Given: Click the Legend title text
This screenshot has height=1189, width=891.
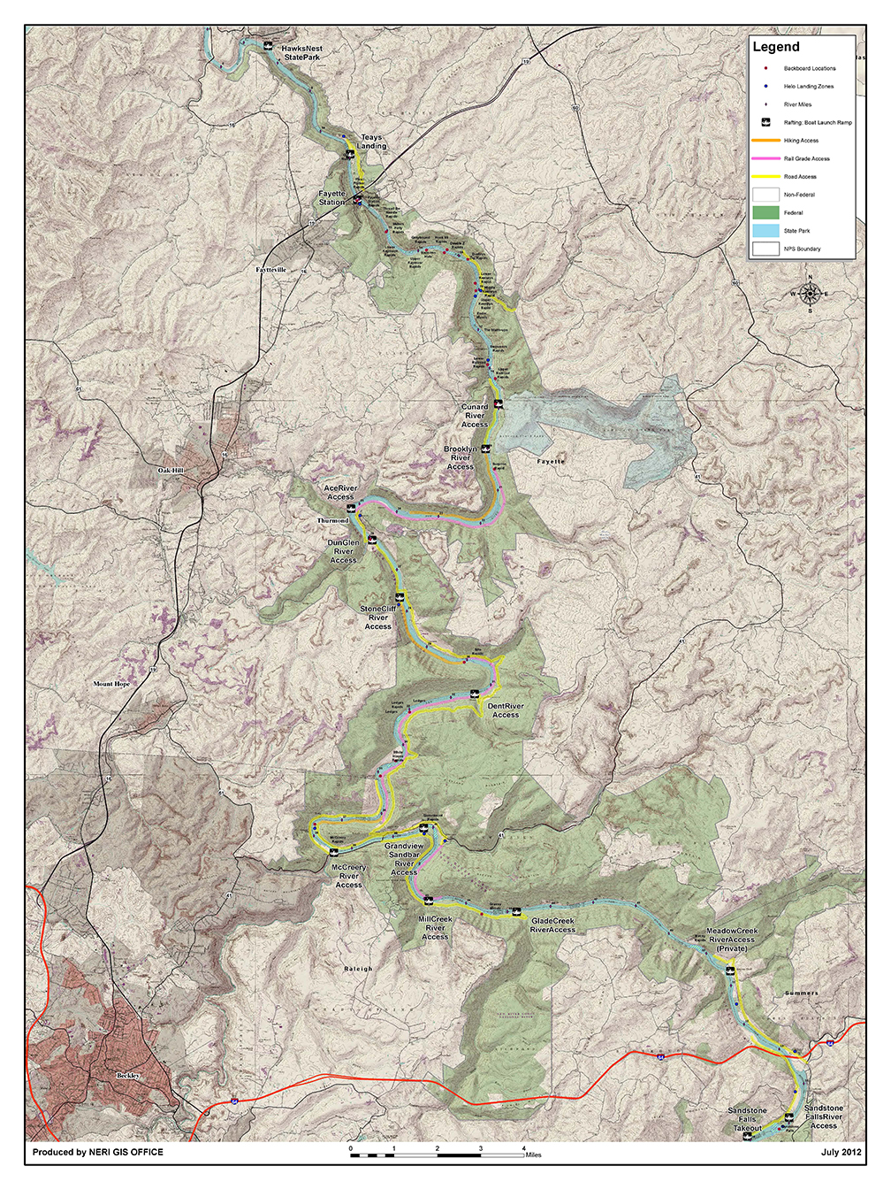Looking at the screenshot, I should click(x=776, y=48).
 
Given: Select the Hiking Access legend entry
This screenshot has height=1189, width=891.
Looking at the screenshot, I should click(x=801, y=141).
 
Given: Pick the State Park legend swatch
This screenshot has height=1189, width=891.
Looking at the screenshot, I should click(x=765, y=231).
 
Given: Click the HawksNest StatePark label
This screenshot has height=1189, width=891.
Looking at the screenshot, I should click(x=301, y=53).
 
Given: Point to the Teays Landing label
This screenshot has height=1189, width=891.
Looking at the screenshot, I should click(x=372, y=142).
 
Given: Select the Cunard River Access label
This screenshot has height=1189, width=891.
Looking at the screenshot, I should click(x=475, y=416).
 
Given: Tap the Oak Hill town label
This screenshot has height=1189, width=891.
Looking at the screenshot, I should click(x=171, y=471).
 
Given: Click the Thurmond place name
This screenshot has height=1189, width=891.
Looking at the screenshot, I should click(x=333, y=521).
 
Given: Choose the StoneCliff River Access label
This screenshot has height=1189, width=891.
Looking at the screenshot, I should click(x=378, y=618).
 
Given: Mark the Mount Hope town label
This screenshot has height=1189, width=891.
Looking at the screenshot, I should click(x=111, y=684).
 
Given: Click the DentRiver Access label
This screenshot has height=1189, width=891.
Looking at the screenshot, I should click(x=506, y=710).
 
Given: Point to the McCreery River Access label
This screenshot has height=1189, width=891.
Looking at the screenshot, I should click(x=348, y=876).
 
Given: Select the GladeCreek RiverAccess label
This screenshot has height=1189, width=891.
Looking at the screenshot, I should click(x=552, y=925).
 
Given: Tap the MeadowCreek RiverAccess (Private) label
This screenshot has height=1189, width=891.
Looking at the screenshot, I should click(x=732, y=940).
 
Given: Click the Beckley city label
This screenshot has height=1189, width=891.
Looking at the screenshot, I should click(x=128, y=1076).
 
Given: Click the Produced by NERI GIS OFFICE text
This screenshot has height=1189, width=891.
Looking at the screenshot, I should click(x=97, y=1152).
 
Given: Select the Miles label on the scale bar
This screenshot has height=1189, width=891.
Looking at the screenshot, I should click(x=533, y=1155).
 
